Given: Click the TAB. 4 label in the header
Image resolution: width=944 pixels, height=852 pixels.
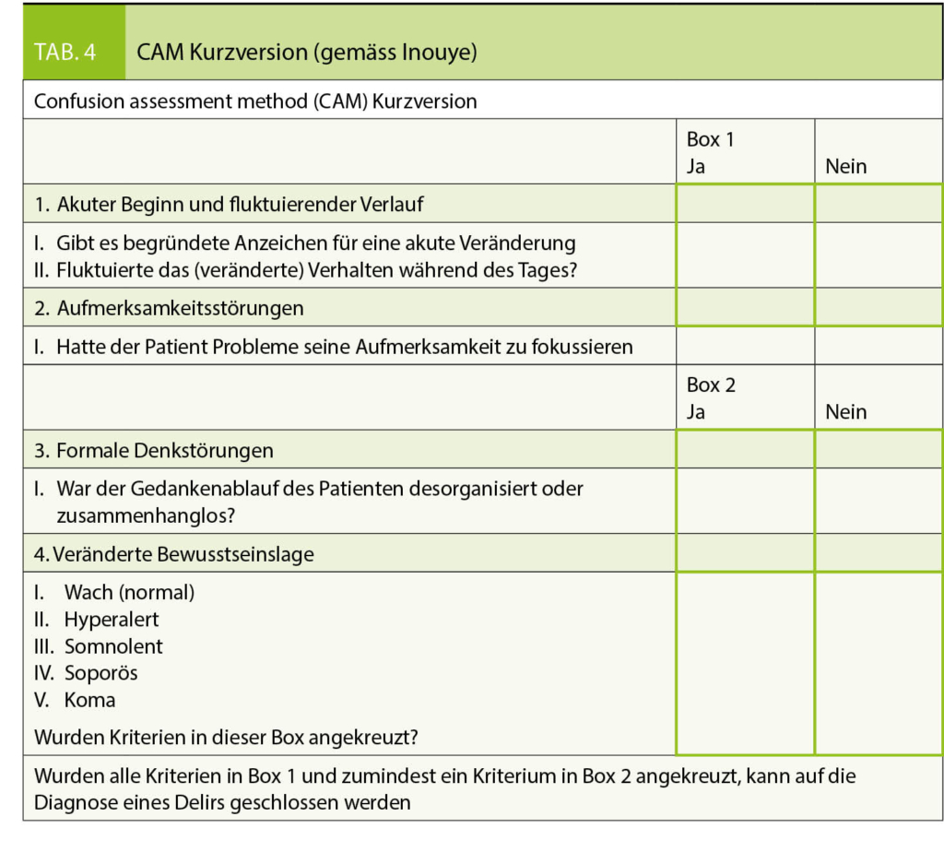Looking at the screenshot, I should pos(65,52).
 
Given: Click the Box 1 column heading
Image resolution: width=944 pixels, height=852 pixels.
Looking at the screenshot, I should pos(711,139).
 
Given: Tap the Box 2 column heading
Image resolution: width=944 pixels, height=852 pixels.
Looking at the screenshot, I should pos(711,385).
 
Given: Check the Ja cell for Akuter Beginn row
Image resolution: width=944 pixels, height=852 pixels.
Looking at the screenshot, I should pos(745,204).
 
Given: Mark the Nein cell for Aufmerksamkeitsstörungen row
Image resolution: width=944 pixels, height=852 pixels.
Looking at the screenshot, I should pos(878,307).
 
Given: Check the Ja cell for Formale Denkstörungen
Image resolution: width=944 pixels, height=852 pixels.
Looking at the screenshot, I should pos(745,450).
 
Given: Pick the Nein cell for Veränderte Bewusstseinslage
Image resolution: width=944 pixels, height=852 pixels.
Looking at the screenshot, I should pos(878,553).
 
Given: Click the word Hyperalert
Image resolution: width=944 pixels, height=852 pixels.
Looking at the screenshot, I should pos(112,620).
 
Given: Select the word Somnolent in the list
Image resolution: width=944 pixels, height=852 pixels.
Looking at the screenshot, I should pos(113,646).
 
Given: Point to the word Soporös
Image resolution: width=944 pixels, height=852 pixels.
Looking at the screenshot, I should pos(100,673).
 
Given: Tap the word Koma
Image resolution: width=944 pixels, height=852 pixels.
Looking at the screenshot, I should pos(89,700).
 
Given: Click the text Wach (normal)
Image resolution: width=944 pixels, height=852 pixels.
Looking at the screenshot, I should pos(129,592).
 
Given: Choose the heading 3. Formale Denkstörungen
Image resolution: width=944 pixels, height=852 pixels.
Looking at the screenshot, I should pos(154,451).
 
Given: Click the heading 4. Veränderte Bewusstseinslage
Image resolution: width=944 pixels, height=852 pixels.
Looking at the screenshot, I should pos(174,554).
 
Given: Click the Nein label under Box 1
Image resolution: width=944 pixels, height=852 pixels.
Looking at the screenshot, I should pos(846,167).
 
